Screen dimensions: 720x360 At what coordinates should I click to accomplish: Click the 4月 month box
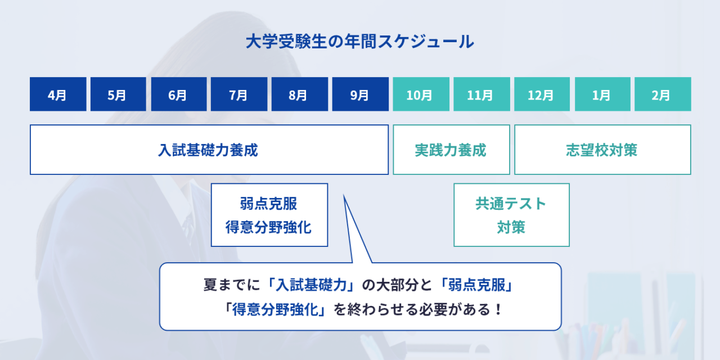58,94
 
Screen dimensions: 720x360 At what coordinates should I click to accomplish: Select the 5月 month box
118,94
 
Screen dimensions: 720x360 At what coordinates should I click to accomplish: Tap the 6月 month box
179,94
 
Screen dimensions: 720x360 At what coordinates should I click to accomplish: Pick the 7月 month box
239,94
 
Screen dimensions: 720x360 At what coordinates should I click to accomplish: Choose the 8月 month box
300,94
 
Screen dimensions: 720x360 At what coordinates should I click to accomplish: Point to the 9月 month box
361,94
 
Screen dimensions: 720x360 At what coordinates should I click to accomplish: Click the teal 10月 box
421,94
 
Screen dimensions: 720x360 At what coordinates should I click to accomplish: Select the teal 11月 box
482,94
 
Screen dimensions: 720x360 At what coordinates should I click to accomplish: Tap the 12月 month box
542,94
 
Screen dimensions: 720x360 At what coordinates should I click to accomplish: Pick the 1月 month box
602,94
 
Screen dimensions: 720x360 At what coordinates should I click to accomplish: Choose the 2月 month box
663,94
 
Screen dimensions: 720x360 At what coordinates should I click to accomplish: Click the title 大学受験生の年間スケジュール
359,42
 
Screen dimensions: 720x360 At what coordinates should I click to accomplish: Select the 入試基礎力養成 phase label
208,150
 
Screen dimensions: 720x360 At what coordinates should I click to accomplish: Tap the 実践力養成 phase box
451,150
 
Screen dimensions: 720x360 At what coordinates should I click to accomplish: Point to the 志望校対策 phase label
601,150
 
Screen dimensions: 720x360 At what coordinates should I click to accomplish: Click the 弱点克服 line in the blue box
269,204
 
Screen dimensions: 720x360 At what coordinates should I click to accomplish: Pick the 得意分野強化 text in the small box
269,227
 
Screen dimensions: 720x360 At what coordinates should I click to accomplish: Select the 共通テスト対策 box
511,215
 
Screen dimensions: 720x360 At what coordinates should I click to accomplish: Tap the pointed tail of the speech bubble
344,195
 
